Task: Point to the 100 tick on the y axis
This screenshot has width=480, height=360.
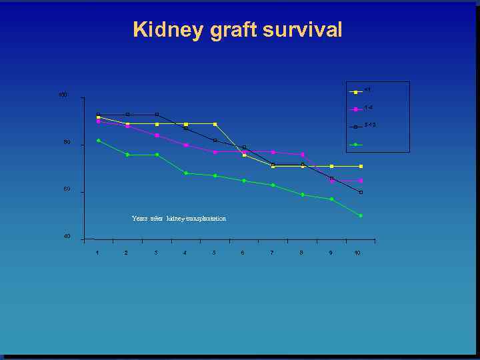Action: pos(63,95)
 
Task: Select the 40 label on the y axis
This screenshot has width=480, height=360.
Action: pos(66,237)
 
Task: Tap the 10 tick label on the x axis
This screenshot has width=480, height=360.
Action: pos(357,253)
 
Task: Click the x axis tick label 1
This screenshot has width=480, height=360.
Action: pos(97,253)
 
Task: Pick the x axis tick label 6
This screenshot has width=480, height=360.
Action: pos(243,253)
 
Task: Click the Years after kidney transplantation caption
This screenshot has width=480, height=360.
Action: pos(179,219)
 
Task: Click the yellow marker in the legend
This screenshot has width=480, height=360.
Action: pos(356,91)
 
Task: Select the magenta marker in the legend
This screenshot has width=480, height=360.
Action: pos(356,109)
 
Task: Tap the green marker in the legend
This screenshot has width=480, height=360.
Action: pos(356,144)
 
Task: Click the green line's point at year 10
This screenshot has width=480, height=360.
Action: pos(361,215)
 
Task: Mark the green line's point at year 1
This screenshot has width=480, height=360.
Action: pos(98,141)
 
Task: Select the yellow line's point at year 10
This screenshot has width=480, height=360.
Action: pos(361,166)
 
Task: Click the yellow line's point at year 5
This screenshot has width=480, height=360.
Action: pos(215,124)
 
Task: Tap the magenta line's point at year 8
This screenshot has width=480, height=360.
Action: pos(302,155)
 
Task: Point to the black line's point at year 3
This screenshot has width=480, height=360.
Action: pos(156,115)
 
